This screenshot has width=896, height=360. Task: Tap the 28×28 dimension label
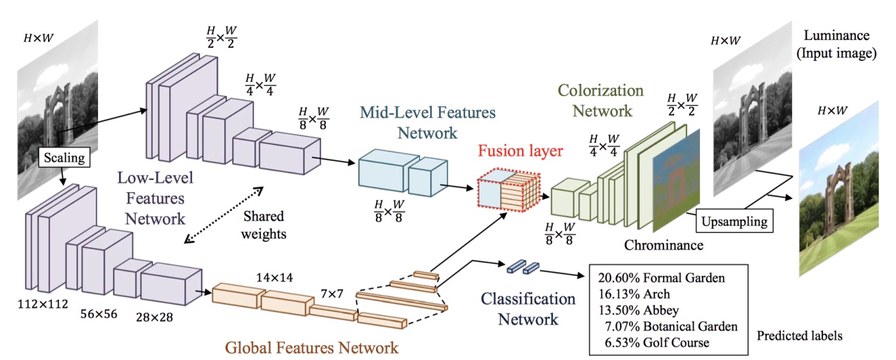[x=154, y=315]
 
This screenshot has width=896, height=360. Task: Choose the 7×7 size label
[x=332, y=294]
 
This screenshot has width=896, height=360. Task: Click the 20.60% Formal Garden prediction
[x=662, y=278]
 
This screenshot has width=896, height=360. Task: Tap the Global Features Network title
[x=311, y=348]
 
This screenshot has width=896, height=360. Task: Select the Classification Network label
[x=519, y=309]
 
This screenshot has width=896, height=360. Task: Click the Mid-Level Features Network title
[x=427, y=123]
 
